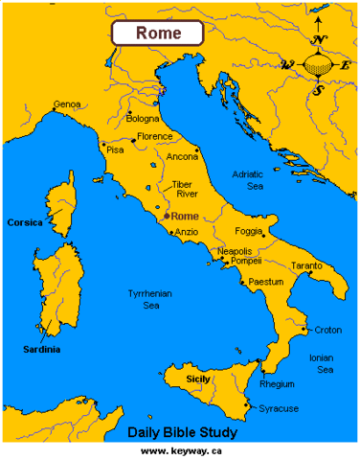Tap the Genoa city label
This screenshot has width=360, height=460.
pyautogui.click(x=67, y=103)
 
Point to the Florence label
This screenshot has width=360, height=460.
pyautogui.click(x=155, y=137)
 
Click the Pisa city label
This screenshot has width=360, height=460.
pyautogui.click(x=115, y=150)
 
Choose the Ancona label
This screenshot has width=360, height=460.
pyautogui.click(x=182, y=156)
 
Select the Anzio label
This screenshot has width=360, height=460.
pyautogui.click(x=187, y=231)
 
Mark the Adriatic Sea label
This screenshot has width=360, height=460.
pyautogui.click(x=252, y=180)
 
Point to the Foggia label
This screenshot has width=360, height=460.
pyautogui.click(x=248, y=231)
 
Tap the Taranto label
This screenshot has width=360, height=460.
pyautogui.click(x=305, y=265)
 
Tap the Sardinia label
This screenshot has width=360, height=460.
pyautogui.click(x=41, y=350)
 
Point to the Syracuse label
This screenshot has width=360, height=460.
pyautogui.click(x=279, y=408)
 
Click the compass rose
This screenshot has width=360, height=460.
pyautogui.click(x=319, y=65)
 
